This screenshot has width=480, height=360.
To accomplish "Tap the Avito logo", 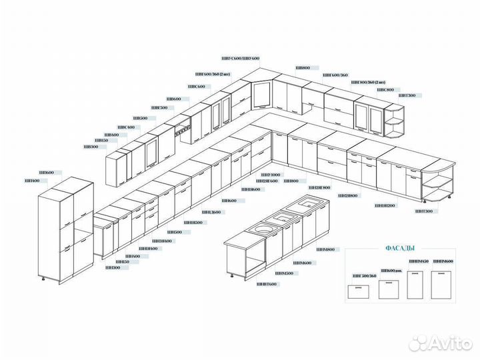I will [x=440, y=343].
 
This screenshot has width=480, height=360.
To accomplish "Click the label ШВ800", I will [x=303, y=68].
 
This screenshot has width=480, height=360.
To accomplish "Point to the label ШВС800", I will [x=385, y=89].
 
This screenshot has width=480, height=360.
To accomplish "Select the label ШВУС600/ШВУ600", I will [x=240, y=59].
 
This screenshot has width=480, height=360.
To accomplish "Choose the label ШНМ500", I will [x=285, y=273].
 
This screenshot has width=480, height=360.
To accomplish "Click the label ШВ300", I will [x=90, y=147].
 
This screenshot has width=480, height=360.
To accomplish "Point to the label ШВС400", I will [x=126, y=127].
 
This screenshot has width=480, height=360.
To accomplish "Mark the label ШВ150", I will [x=101, y=141].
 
